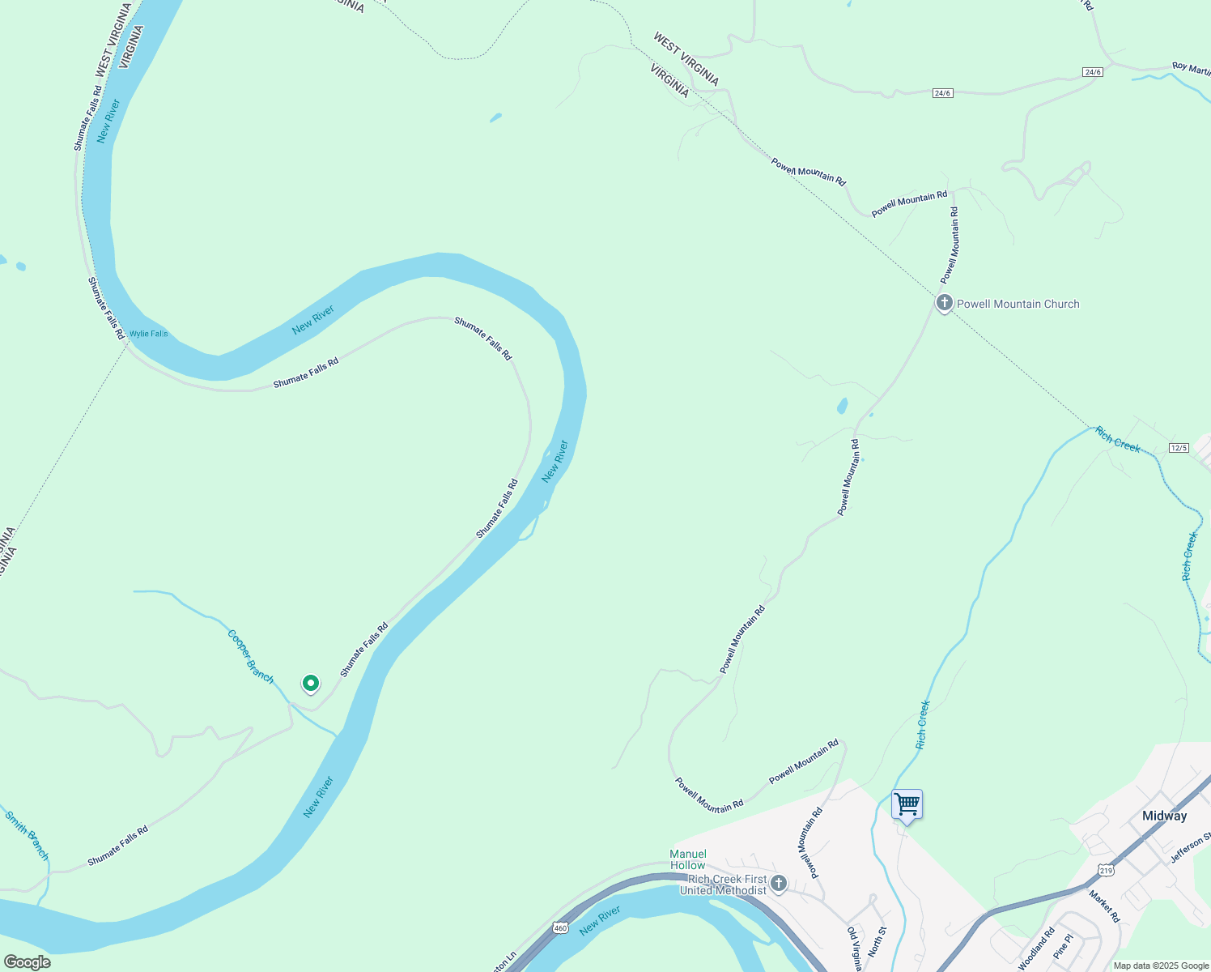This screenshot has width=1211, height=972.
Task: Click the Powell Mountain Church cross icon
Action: pyautogui.click(x=944, y=304)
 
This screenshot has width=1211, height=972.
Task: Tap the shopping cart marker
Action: pyautogui.click(x=907, y=805)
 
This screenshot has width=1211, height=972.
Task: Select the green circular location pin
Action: pyautogui.click(x=310, y=684)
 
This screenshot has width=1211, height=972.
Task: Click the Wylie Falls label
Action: pyautogui.click(x=149, y=334)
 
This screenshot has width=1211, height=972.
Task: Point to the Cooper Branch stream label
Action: pyautogui.click(x=250, y=656)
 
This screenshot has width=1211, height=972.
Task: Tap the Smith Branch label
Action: pyautogui.click(x=27, y=836)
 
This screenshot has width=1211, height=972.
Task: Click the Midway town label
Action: pyautogui.click(x=1164, y=816)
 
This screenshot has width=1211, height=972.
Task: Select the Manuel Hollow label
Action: pyautogui.click(x=688, y=859)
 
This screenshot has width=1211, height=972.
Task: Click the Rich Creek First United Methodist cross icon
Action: pyautogui.click(x=779, y=883)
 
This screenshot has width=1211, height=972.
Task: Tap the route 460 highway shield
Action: pyautogui.click(x=560, y=927)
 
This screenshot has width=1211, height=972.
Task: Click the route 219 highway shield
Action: pyautogui.click(x=1105, y=870)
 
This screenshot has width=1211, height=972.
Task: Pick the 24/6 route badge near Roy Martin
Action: pyautogui.click(x=1093, y=72)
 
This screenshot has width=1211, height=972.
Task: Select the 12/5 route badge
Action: pyautogui.click(x=1179, y=448)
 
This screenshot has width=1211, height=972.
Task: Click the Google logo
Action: pyautogui.click(x=28, y=962)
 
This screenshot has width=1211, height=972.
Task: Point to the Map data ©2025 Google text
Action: pyautogui.click(x=1160, y=966)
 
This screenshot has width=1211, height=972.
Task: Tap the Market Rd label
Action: pyautogui.click(x=1103, y=906)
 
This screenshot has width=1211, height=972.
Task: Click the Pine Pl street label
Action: pyautogui.click(x=1063, y=946)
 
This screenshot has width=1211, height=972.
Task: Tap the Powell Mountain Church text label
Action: pyautogui.click(x=1018, y=304)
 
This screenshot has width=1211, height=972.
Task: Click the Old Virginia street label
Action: pyautogui.click(x=854, y=948)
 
